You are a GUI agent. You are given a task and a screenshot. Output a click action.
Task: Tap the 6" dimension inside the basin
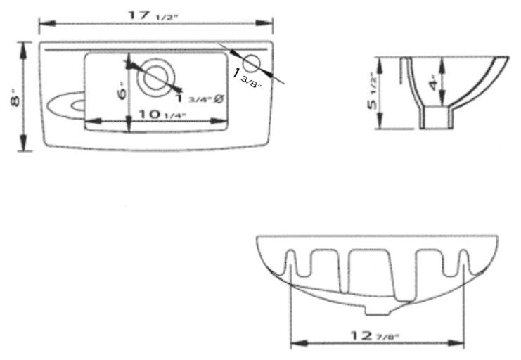pos(122,92)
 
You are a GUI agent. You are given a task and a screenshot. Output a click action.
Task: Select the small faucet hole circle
pos(255,63)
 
